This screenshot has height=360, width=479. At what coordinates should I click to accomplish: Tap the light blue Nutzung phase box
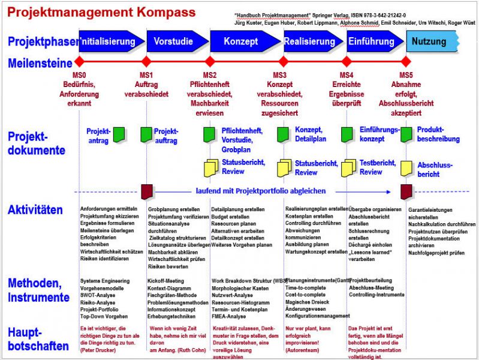click(x=430, y=41)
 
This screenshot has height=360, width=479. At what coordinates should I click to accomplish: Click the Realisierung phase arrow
click(x=311, y=41)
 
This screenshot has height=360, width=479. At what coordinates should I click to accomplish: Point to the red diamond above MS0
click(x=80, y=62)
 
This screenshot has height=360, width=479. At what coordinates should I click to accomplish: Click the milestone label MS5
click(x=406, y=75)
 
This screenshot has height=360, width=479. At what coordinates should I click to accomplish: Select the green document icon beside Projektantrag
click(x=119, y=134)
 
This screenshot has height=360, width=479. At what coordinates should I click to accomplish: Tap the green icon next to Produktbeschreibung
click(x=406, y=134)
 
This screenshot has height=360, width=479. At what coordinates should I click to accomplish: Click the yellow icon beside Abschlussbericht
click(x=406, y=168)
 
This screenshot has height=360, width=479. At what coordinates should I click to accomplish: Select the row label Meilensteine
click(x=40, y=62)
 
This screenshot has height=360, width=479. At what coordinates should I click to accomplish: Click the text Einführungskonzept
click(x=381, y=134)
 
